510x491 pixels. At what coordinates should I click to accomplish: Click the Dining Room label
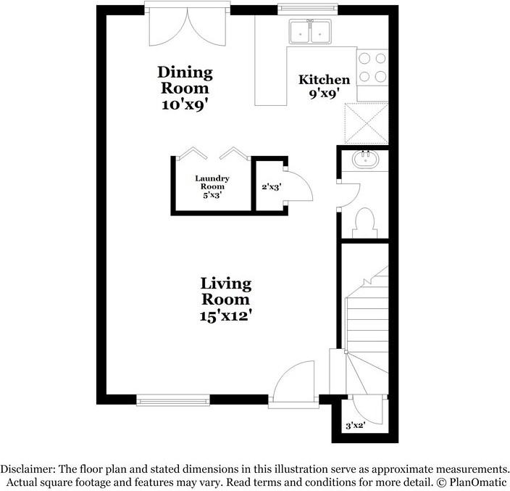coord(185,80)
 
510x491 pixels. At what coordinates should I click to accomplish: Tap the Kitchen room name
coord(325,80)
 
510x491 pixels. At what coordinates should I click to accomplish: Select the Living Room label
coord(226,292)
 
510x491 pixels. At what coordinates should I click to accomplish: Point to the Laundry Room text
coord(212,182)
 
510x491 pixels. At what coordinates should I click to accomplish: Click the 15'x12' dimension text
coord(226,315)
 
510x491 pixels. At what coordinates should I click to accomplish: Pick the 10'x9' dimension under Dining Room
coord(185,105)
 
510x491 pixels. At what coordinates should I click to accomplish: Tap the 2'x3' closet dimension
coord(271,187)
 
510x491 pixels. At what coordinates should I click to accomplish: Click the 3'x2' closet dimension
coord(356,425)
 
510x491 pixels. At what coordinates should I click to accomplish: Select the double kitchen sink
coord(310,31)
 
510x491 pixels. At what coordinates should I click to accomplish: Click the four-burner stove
coord(372,67)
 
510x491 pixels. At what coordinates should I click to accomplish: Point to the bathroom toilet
coord(365,223)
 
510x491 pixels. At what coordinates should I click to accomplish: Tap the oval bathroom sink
coord(366,160)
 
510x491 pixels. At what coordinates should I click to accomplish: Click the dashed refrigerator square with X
coord(367,123)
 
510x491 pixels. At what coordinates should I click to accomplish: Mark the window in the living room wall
coord(173,400)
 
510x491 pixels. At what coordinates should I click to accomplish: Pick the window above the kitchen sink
coord(308,9)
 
